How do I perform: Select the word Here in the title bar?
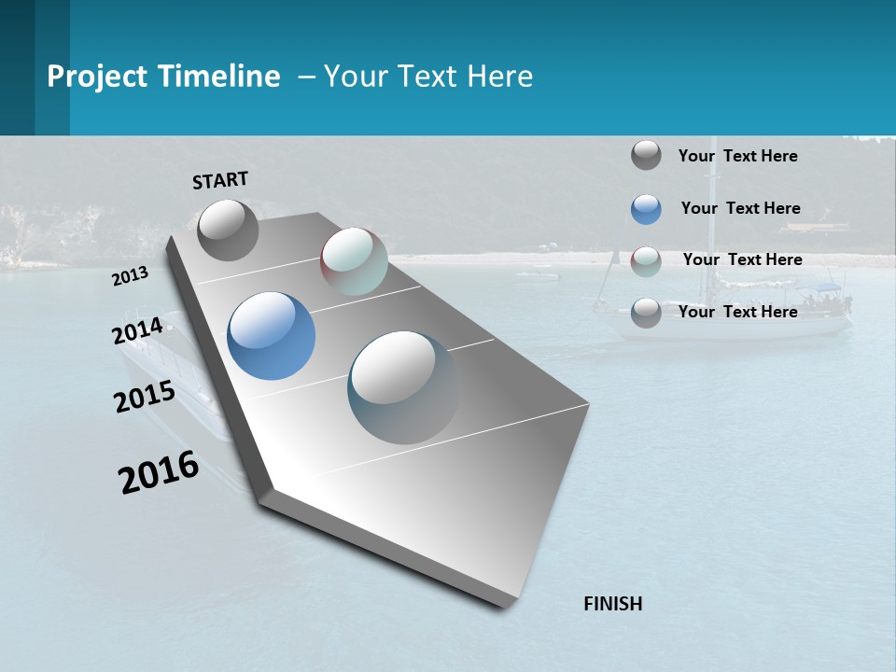coord(499,77)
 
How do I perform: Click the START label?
coord(220,180)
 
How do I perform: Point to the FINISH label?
coord(613,604)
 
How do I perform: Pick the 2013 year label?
coord(131,276)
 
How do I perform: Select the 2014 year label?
coord(138,330)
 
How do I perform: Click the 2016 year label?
coord(159,472)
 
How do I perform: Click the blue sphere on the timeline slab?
coord(271,336)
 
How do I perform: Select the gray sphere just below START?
coord(228,230)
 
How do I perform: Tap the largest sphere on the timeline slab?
coord(402,386)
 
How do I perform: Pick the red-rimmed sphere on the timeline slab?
coord(354,261)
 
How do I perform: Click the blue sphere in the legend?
coord(646,209)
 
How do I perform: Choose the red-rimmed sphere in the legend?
coord(646,260)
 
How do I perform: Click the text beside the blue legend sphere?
coord(740,208)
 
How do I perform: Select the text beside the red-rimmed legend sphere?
coord(742,259)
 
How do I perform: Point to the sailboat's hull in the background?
coord(723,326)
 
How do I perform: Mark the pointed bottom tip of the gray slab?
coord(504,605)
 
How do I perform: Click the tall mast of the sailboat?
coord(714,224)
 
